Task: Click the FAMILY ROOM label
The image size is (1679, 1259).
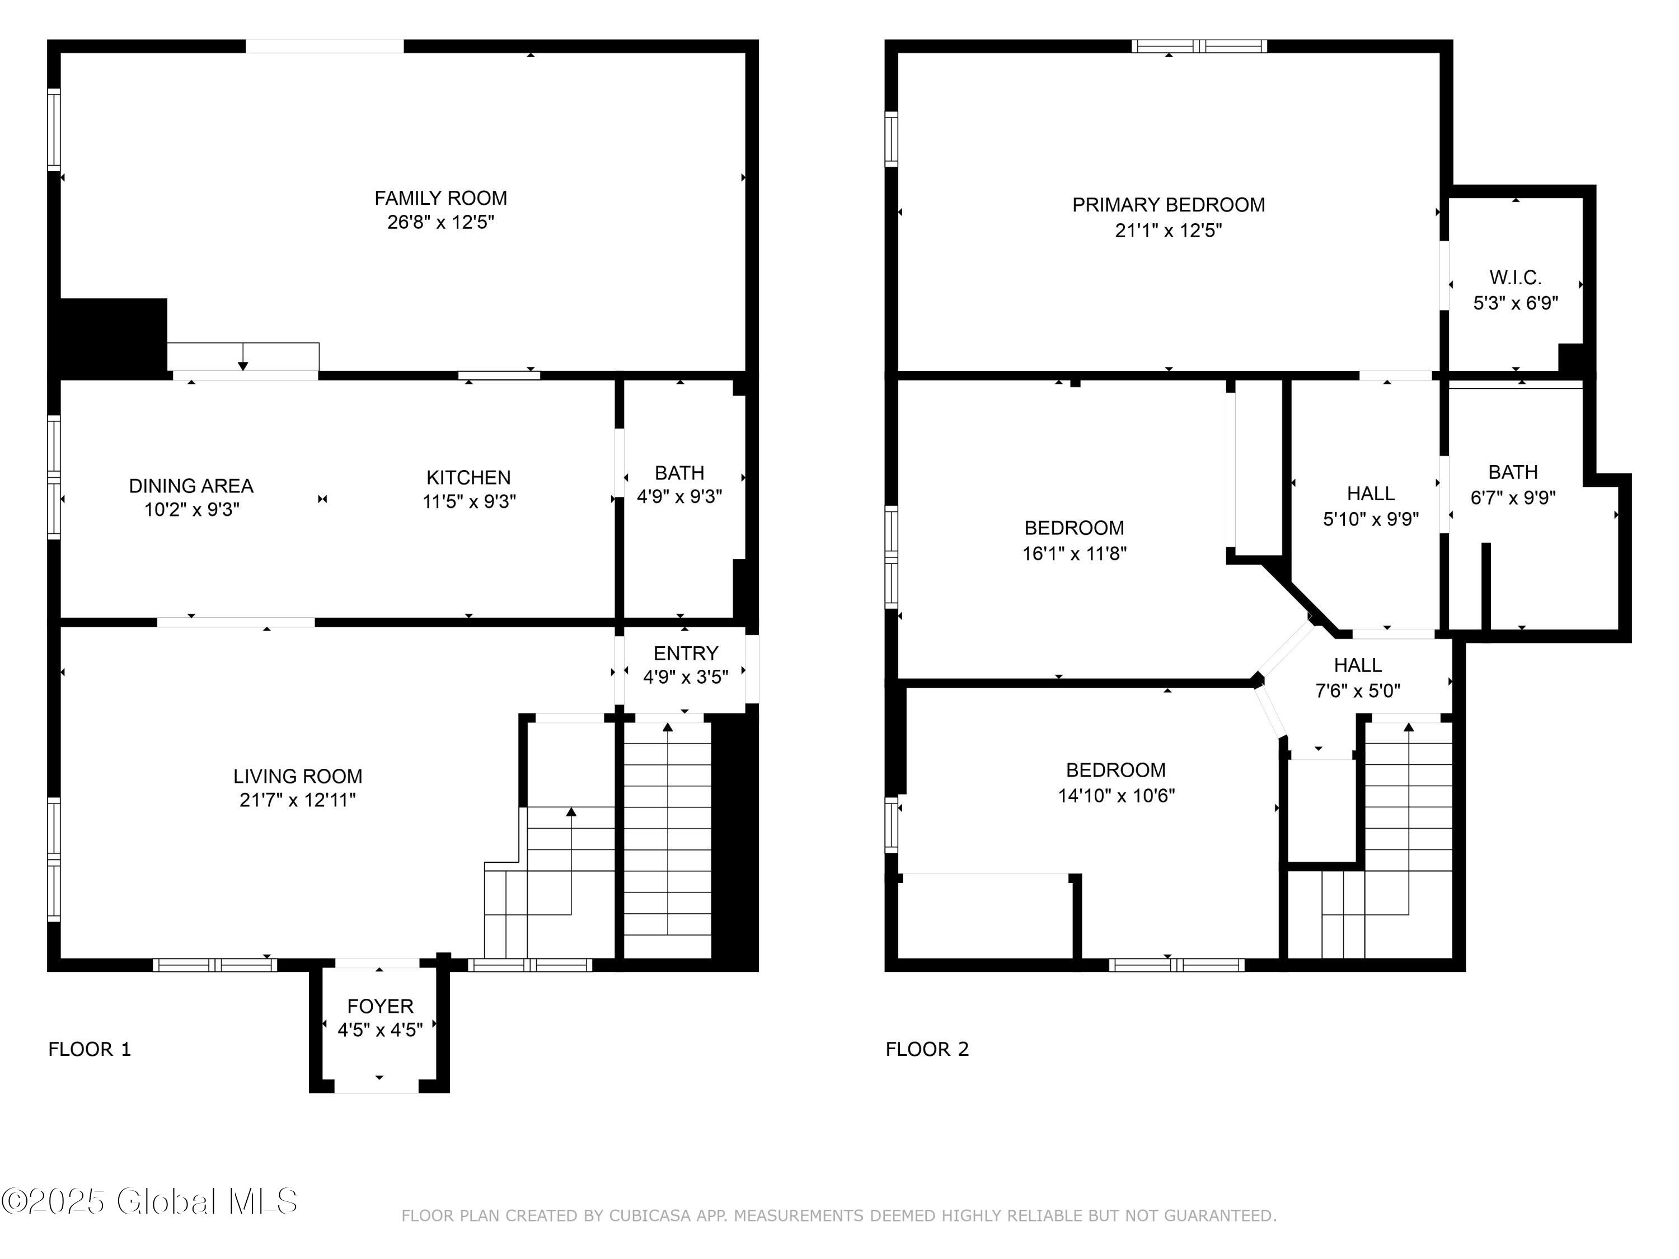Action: click(440, 198)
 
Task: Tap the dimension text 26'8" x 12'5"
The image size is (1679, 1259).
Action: click(440, 222)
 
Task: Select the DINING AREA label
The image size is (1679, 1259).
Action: click(191, 486)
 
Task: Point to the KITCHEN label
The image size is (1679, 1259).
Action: click(468, 477)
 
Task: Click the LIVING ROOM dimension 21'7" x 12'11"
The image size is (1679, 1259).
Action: click(298, 800)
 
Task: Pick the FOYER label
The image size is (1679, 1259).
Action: click(380, 1006)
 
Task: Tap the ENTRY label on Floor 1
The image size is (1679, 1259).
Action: click(686, 654)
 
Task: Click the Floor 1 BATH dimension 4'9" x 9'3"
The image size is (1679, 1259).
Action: click(679, 496)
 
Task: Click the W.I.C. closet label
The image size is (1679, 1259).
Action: click(1515, 278)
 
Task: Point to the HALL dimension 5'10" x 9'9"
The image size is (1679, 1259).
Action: click(1371, 519)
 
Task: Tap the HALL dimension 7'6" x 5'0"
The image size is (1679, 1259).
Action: click(1357, 690)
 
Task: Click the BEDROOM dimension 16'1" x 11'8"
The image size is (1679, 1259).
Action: click(1074, 553)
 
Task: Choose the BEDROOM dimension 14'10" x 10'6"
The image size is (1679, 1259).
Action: click(1116, 795)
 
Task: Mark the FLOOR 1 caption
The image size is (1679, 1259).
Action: click(90, 1050)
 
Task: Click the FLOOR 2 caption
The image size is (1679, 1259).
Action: click(927, 1050)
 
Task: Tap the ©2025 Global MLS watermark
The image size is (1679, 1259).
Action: click(149, 1201)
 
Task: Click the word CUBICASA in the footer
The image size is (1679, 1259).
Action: click(650, 1216)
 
